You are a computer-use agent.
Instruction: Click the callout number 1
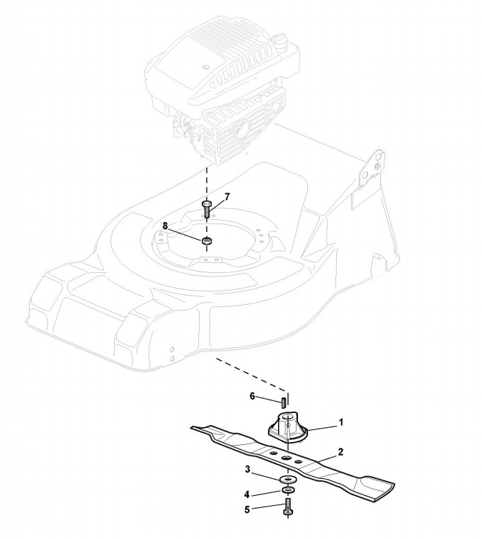[x=340, y=422]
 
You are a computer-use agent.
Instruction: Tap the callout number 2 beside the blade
[x=340, y=451]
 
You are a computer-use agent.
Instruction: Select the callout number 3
[x=247, y=469]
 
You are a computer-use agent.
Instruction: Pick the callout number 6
[x=251, y=398]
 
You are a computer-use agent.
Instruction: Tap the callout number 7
[x=227, y=196]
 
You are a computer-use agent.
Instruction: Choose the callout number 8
[x=165, y=226]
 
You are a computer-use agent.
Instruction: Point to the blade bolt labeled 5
[x=287, y=509]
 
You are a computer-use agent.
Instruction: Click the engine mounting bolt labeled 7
[x=207, y=208]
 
